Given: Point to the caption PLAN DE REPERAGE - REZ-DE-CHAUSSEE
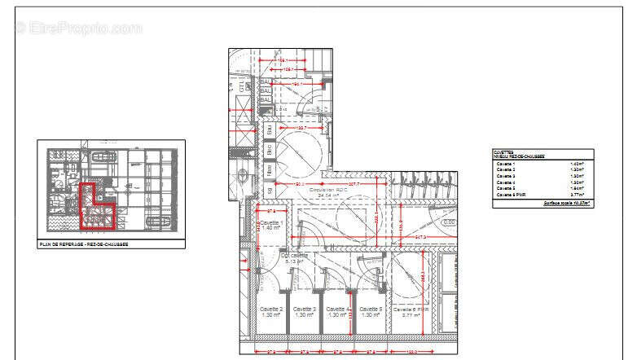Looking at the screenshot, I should click(x=85, y=244).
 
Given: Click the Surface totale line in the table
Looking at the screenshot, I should click(x=567, y=203).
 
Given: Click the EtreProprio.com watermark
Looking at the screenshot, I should click(x=78, y=28).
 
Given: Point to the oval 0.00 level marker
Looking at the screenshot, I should click(x=447, y=222).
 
